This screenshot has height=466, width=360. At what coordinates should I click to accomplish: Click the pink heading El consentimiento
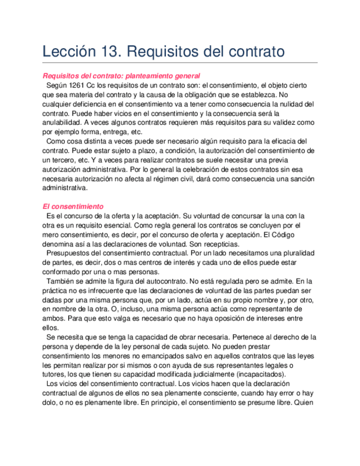point(73,206)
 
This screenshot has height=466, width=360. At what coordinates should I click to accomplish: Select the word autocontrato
point(160,281)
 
